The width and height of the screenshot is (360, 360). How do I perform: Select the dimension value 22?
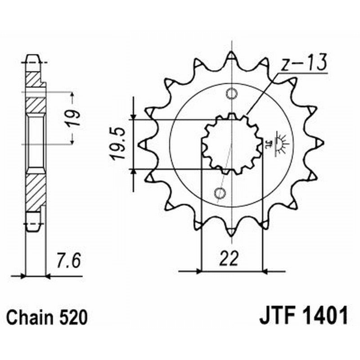point(230,260)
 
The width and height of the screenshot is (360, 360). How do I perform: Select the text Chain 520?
point(47,318)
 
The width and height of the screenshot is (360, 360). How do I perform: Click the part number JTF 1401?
point(303,317)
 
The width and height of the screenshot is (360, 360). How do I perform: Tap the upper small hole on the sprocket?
point(231,94)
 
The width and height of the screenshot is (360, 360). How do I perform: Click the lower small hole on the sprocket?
point(220,193)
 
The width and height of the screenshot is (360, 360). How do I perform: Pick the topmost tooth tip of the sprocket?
point(231,55)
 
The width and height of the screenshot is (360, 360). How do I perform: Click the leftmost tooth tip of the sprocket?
point(142,144)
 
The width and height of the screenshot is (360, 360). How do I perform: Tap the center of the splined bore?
point(231,144)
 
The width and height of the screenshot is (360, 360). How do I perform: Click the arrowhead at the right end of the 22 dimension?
point(264,271)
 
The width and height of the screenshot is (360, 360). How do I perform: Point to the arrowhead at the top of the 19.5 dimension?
point(134,117)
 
